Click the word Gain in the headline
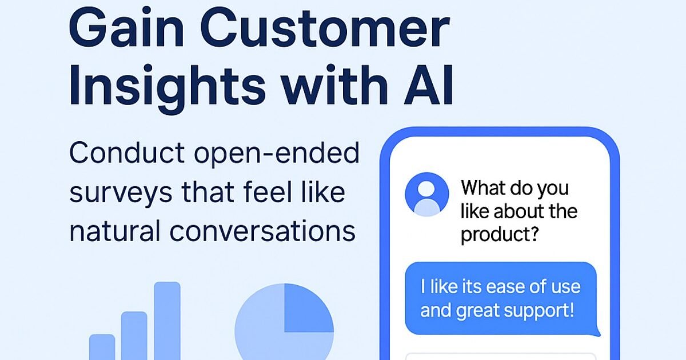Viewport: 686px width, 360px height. (x=126, y=27)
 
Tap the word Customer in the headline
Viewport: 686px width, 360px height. (x=325, y=27)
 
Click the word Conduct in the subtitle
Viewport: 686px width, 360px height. (x=127, y=153)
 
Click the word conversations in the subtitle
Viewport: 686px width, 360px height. (x=262, y=231)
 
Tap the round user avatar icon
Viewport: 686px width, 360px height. (x=427, y=194)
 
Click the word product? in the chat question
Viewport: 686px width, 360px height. (x=500, y=235)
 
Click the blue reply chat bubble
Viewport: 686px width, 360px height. (x=501, y=298)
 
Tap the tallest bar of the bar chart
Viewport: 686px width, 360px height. (x=167, y=321)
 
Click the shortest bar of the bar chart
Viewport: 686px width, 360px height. (x=102, y=347)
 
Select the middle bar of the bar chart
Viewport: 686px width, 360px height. (x=134, y=336)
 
